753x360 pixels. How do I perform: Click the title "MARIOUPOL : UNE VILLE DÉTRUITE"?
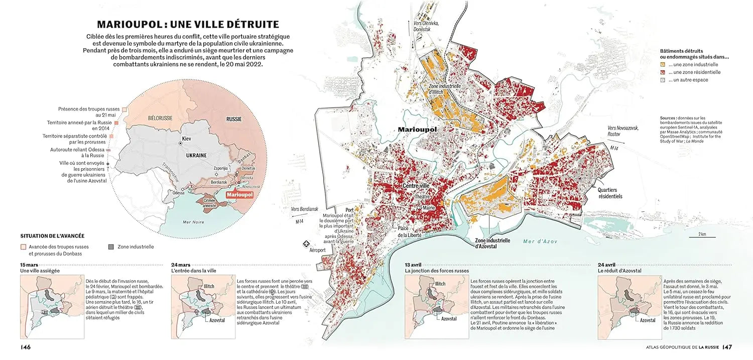pyautogui.click(x=188, y=24)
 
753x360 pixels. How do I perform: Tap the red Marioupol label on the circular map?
pyautogui.click(x=239, y=195)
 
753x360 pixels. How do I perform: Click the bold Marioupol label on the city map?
pyautogui.click(x=417, y=130)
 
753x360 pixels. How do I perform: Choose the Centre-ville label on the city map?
pyautogui.click(x=416, y=186)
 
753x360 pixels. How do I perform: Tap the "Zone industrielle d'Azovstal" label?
pyautogui.click(x=492, y=244)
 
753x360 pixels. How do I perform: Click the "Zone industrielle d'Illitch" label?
pyautogui.click(x=444, y=89)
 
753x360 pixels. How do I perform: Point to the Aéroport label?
pyautogui.click(x=317, y=250)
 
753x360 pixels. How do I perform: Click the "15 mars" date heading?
pyautogui.click(x=29, y=265)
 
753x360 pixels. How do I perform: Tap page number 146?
pyautogui.click(x=26, y=347)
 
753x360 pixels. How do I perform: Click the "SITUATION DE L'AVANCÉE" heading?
pyautogui.click(x=52, y=235)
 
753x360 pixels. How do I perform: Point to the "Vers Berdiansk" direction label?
pyautogui.click(x=305, y=209)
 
